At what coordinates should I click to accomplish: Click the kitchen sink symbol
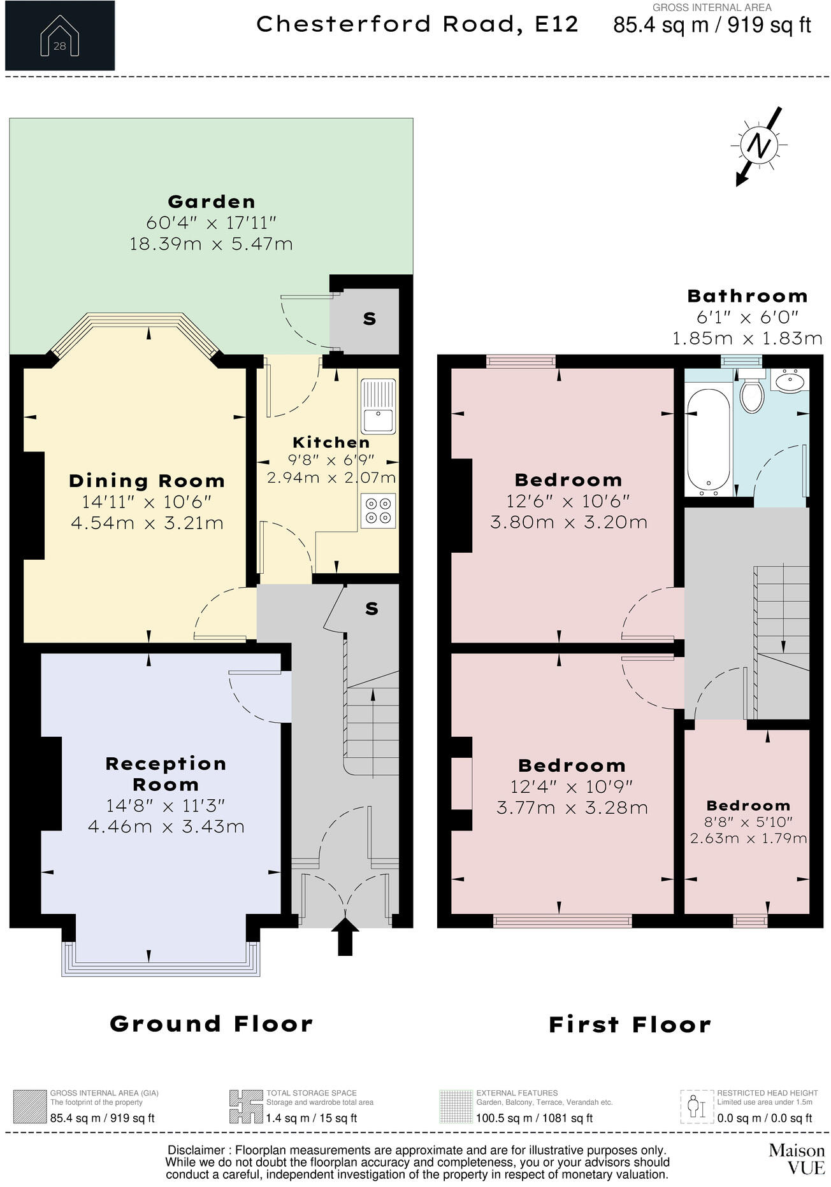click(x=378, y=406)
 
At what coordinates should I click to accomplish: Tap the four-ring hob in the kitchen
click(x=378, y=511)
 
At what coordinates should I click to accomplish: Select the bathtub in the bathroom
click(x=709, y=442)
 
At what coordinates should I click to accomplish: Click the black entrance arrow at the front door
click(x=345, y=936)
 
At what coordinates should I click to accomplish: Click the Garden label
click(x=212, y=202)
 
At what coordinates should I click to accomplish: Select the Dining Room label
click(x=147, y=481)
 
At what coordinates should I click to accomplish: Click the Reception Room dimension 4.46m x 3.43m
click(x=166, y=827)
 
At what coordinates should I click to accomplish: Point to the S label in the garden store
click(x=370, y=319)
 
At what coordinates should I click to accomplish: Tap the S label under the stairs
click(x=372, y=609)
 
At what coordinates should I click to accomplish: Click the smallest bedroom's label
click(x=748, y=806)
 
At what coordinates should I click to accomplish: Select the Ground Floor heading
click(x=212, y=1024)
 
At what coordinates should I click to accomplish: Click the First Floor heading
click(x=630, y=1025)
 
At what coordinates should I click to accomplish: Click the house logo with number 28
click(x=59, y=36)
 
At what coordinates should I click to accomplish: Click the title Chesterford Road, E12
click(x=417, y=24)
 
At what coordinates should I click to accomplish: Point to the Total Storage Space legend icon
click(x=246, y=1107)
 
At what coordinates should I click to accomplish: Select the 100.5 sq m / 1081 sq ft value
click(x=534, y=1118)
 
